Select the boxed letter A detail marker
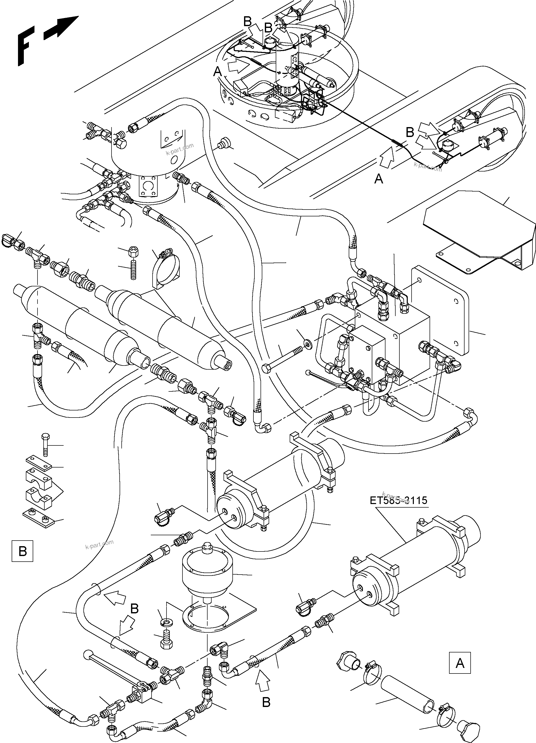(x=460, y=663)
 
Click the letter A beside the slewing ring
(x=217, y=71)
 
